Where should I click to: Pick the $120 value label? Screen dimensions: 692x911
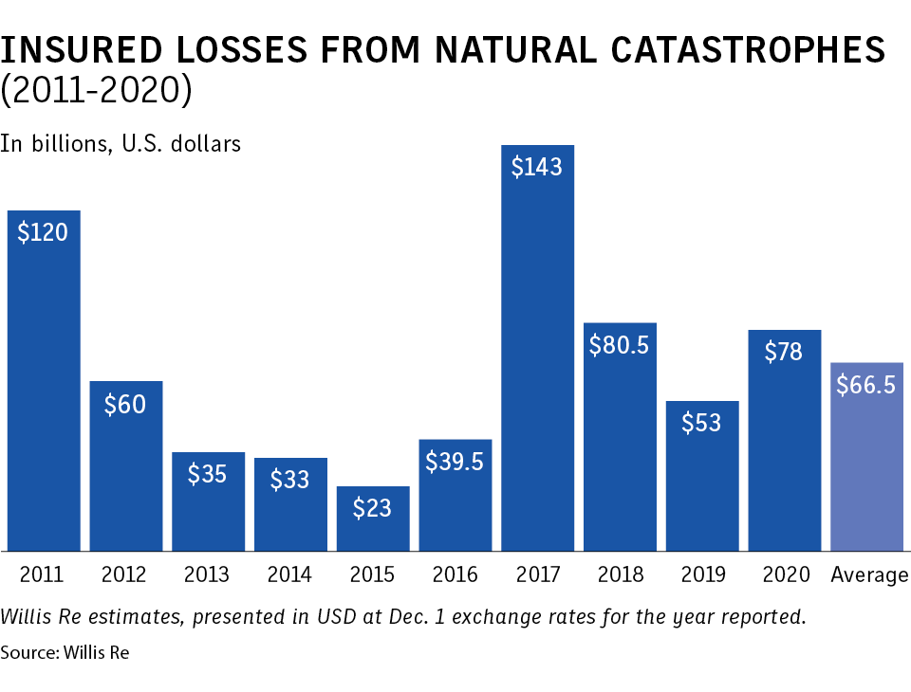point(43,232)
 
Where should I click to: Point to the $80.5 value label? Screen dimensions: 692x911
point(619,345)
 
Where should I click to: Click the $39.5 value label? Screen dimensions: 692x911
point(455,462)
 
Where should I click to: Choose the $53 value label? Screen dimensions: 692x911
point(701,423)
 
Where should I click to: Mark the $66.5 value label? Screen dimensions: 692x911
point(866,386)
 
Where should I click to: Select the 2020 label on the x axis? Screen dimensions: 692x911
point(786,574)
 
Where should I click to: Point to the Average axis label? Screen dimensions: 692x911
point(869,574)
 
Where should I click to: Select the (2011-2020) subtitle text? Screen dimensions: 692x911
point(95,91)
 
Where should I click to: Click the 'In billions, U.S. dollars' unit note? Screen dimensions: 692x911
point(121,144)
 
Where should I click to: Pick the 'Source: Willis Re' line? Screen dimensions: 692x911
point(64,653)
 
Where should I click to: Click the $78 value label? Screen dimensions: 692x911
point(784,352)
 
